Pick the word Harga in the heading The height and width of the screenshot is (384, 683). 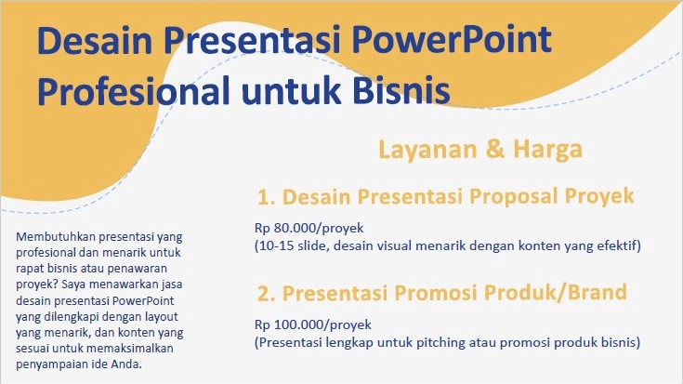[x=547, y=149]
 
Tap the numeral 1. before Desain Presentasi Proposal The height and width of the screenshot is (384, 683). [x=267, y=197]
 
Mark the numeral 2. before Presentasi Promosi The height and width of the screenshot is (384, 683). [x=267, y=294]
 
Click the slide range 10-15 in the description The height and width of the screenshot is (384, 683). [x=274, y=245]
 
